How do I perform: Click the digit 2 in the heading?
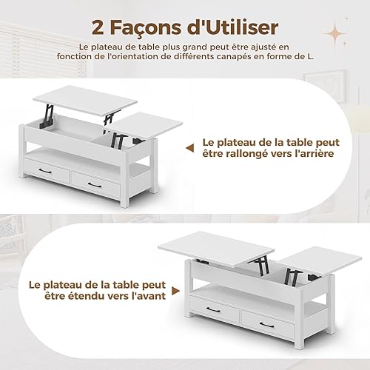pyautogui.click(x=98, y=27)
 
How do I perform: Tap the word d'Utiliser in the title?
pyautogui.click(x=232, y=27)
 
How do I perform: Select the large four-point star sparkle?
pyautogui.click(x=335, y=33)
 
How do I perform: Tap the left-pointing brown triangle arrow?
pyautogui.click(x=189, y=148)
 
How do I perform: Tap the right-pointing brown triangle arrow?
pyautogui.click(x=175, y=291)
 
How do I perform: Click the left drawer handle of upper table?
pyautogui.click(x=45, y=171)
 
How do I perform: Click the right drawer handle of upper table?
pyautogui.click(x=95, y=185)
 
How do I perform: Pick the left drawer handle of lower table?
pyautogui.click(x=213, y=310)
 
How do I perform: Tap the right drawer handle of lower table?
pyautogui.click(x=267, y=325)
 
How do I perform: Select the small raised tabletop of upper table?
pyautogui.click(x=146, y=126)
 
